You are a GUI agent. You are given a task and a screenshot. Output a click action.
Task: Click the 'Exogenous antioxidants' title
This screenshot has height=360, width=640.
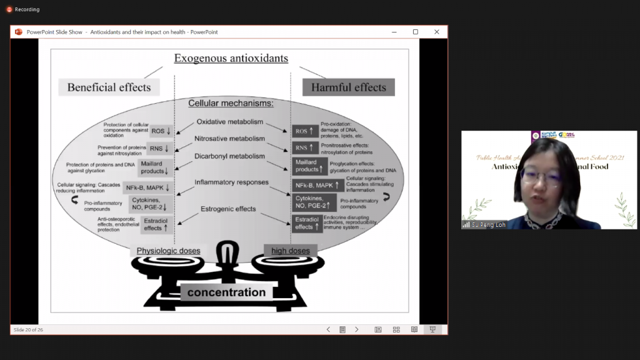(231, 59)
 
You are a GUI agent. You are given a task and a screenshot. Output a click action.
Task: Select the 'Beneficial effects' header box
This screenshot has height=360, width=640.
(109, 87)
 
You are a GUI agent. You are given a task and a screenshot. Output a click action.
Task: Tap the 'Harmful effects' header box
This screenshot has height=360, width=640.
(349, 87)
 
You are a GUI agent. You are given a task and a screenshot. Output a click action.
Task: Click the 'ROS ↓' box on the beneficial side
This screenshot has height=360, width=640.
(161, 131)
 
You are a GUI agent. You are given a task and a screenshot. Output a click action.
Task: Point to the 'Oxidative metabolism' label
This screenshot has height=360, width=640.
(230, 122)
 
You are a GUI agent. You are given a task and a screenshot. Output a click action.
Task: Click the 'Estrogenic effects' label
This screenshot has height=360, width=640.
(228, 209)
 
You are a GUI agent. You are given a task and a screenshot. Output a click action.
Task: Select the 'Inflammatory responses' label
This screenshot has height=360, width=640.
(231, 182)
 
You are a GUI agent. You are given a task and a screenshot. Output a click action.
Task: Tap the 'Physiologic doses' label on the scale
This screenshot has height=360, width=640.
(168, 251)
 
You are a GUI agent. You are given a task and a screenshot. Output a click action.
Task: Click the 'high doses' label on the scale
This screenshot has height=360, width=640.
(290, 251)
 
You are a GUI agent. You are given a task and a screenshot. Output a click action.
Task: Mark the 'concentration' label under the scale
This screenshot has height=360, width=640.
(226, 292)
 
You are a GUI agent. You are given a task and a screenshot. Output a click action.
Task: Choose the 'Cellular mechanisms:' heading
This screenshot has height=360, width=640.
(231, 103)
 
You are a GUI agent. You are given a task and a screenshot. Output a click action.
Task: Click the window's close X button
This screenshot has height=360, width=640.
(437, 32)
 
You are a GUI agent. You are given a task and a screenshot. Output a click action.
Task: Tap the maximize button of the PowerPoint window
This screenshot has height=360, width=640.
(415, 32)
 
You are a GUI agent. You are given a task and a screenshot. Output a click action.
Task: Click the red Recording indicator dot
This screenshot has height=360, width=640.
(9, 9)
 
